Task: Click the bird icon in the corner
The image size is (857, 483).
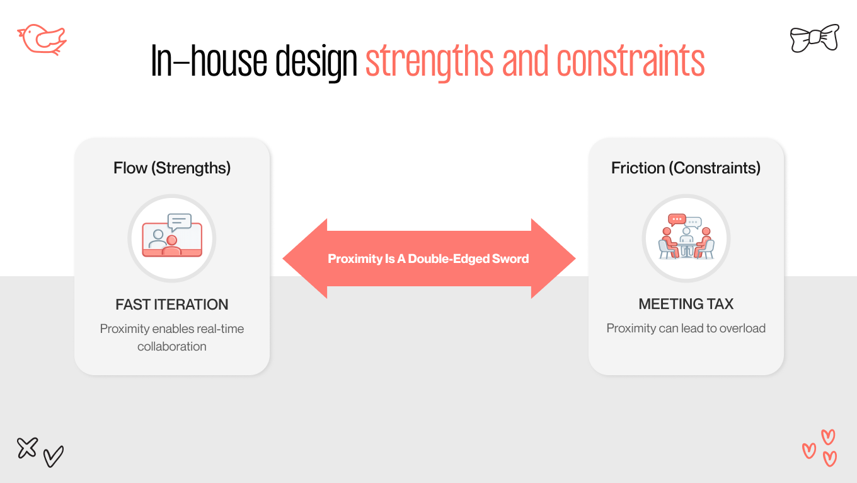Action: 42,40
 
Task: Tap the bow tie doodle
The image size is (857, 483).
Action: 814,38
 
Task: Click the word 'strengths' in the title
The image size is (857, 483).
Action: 429,61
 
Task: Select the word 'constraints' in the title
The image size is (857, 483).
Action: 630,61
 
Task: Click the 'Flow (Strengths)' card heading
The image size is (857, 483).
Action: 172,168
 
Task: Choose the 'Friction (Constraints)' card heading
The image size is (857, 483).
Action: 686,168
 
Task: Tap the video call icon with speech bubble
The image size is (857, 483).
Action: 172,236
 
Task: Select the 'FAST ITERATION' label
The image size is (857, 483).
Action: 172,305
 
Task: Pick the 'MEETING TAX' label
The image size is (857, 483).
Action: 686,304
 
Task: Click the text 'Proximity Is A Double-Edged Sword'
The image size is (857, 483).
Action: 428,259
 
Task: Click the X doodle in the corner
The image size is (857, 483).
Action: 27,448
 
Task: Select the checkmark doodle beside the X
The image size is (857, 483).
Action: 54,456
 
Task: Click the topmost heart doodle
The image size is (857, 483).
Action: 828,436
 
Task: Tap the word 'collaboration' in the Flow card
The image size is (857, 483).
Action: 172,346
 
